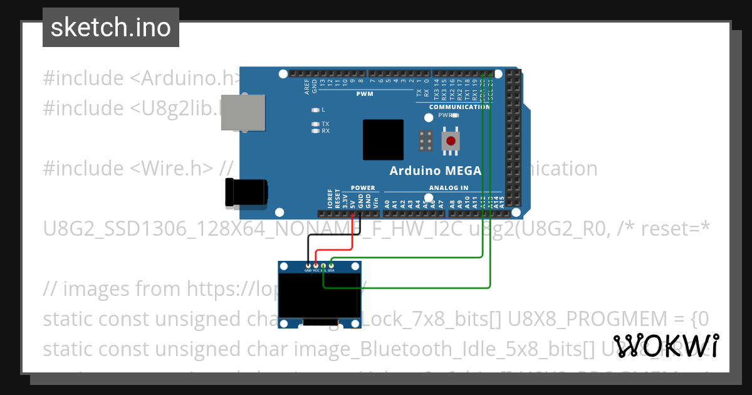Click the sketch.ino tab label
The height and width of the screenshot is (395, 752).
(111, 28)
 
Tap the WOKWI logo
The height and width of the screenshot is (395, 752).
(666, 346)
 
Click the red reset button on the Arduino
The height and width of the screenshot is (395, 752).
(450, 140)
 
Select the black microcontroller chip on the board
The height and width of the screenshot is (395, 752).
(384, 140)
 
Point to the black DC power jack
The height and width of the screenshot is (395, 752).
(246, 192)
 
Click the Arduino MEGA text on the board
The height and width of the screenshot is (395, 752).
(435, 171)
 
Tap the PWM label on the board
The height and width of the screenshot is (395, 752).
(365, 94)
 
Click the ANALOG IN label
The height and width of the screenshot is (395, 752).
(448, 187)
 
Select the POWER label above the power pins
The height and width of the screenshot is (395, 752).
(363, 187)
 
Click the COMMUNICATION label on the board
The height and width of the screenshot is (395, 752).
(459, 107)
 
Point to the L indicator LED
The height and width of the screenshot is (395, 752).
(316, 110)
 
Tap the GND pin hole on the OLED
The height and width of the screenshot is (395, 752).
(308, 266)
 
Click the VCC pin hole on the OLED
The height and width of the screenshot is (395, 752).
(316, 266)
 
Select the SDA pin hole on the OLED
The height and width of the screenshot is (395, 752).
(332, 266)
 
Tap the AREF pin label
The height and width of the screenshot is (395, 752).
(307, 86)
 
